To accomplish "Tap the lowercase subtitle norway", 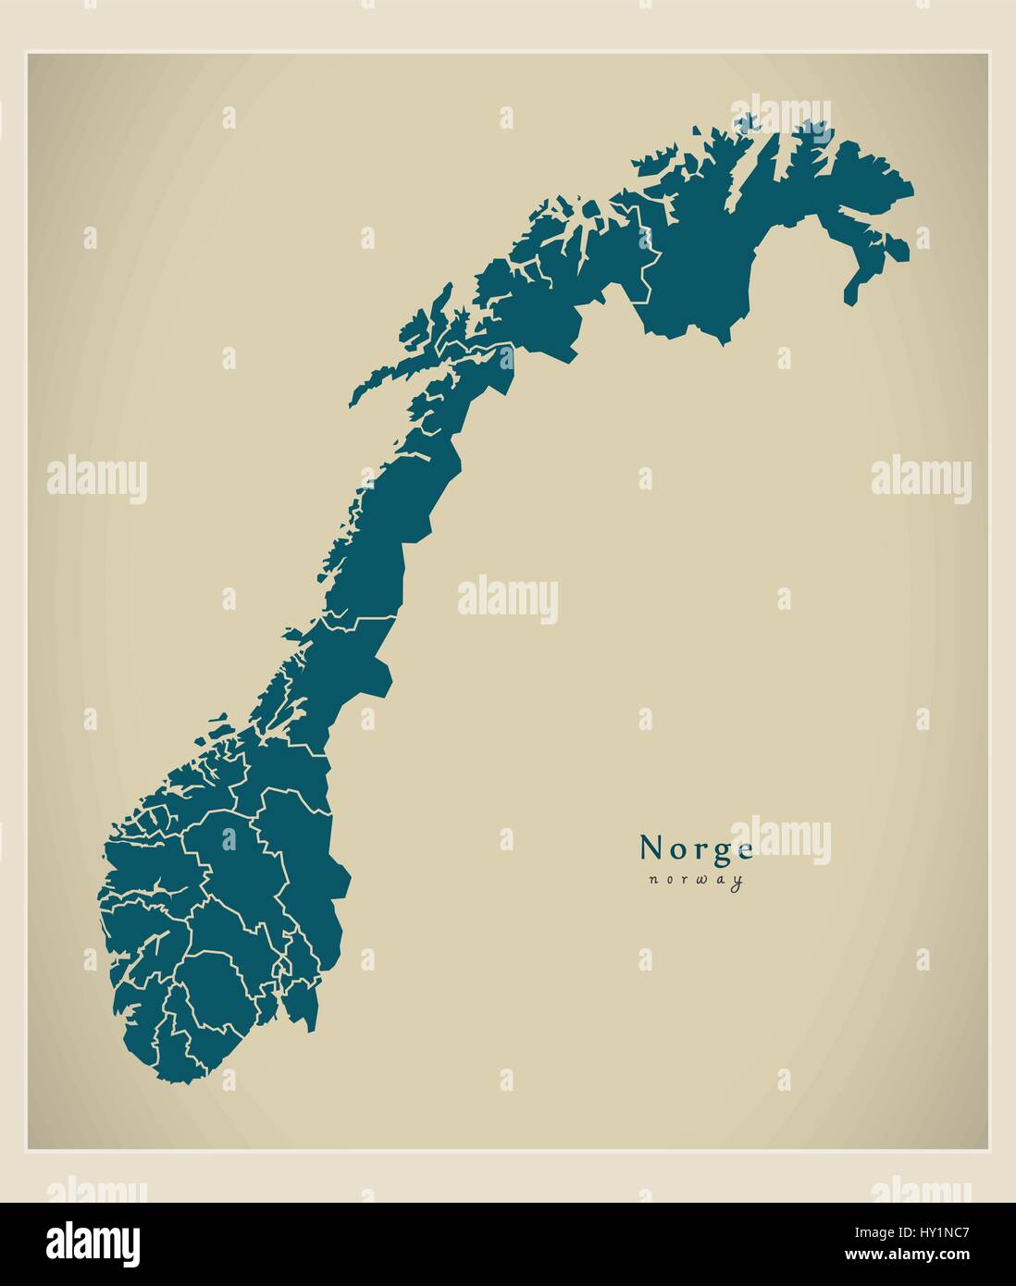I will [696, 881].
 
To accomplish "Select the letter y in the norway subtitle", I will [737, 883].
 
